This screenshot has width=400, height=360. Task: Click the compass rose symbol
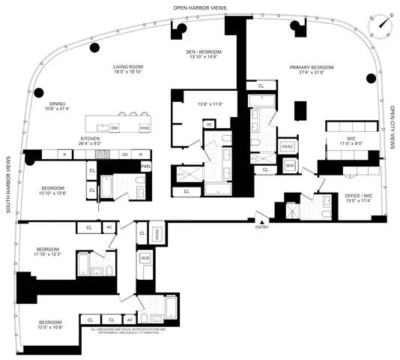pos(384,23)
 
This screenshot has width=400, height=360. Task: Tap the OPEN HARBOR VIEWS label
pos(200,7)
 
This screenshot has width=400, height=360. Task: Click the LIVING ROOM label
pos(128,67)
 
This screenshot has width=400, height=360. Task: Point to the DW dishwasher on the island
pos(115,128)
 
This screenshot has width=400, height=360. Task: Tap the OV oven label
pos(125,154)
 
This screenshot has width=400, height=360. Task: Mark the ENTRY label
pos(261,226)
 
